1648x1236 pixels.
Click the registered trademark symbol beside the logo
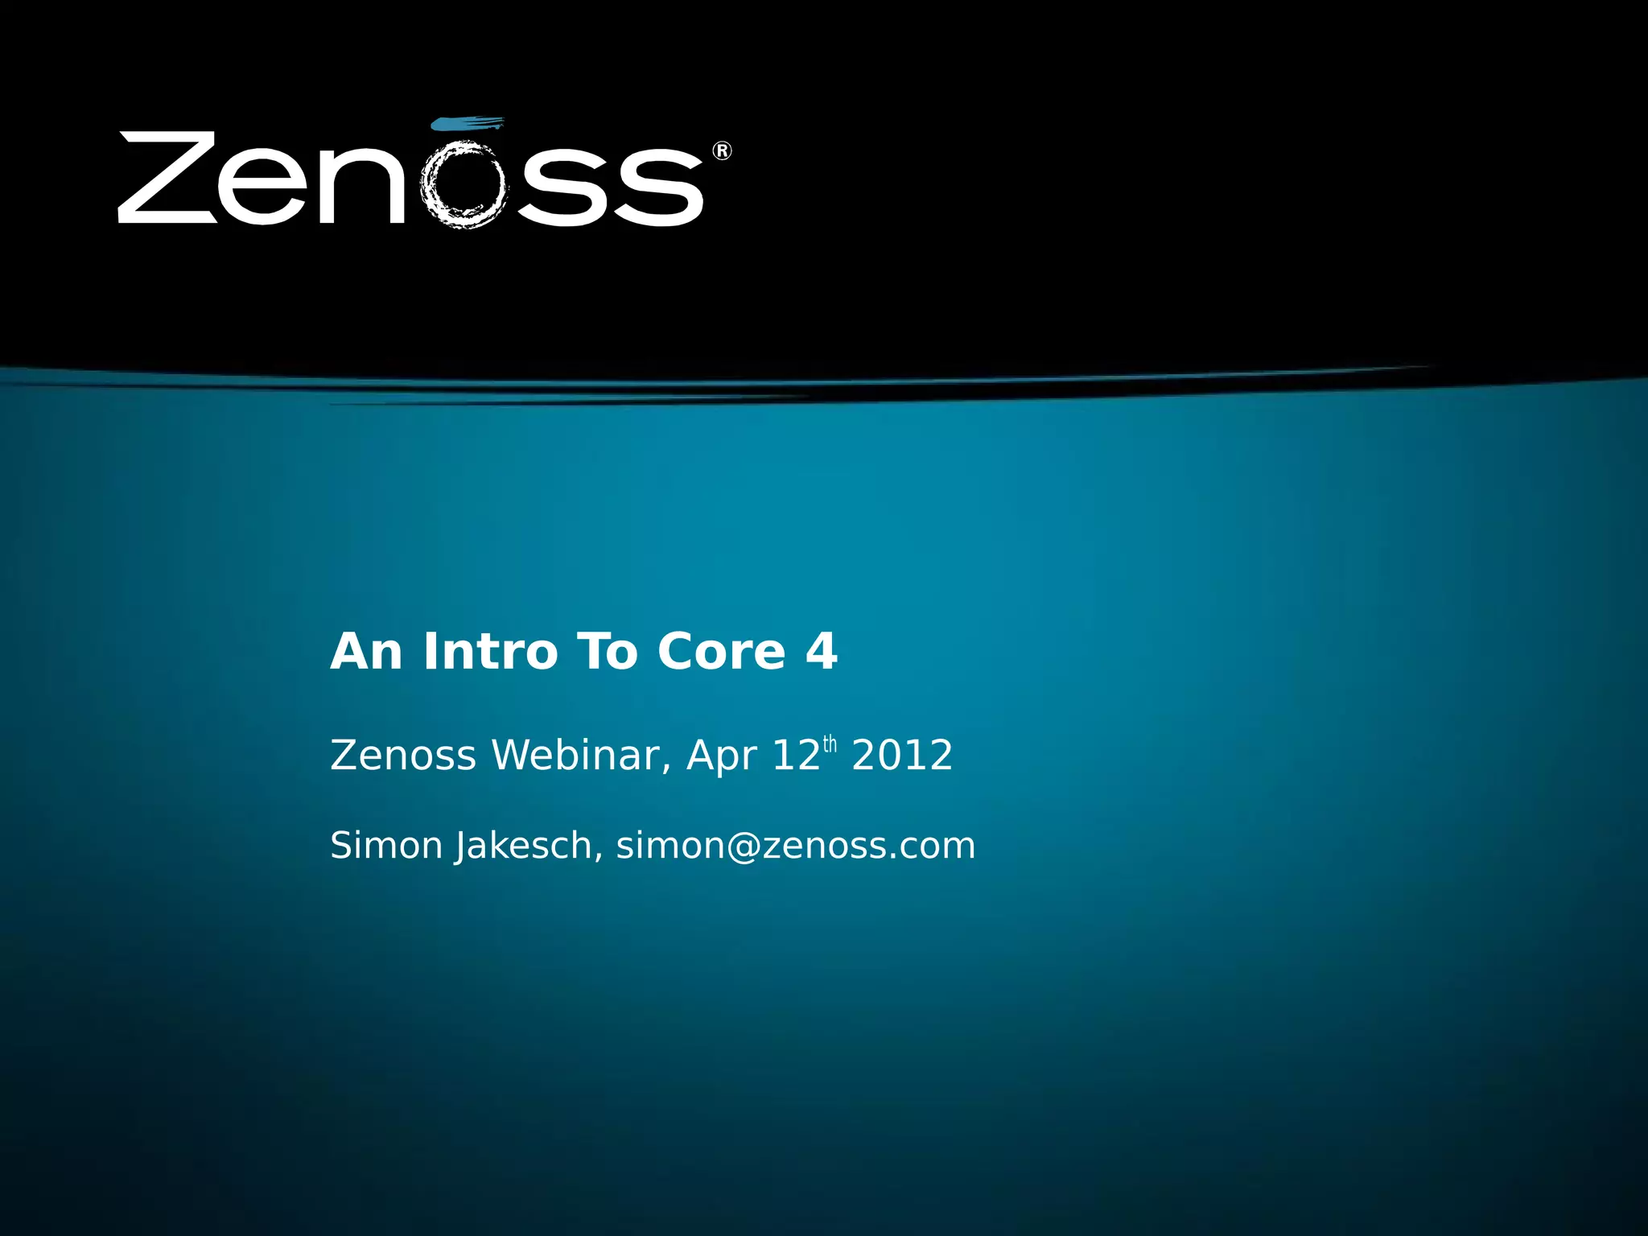coord(722,150)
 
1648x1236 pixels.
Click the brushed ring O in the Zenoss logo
coord(464,185)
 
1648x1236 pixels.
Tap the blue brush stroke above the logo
coord(468,123)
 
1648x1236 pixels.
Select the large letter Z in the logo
coord(168,177)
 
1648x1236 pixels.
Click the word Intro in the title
coord(490,651)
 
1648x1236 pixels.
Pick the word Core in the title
coord(721,651)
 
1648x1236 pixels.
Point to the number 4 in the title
coord(822,651)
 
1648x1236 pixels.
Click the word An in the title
coord(366,651)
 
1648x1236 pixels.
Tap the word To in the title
coord(608,651)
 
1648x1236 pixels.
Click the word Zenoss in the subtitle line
coord(403,756)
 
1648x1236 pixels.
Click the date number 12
coord(795,756)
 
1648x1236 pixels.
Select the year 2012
coord(902,756)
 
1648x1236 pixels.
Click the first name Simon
coord(387,846)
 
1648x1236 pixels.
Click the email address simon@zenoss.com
coord(795,846)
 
